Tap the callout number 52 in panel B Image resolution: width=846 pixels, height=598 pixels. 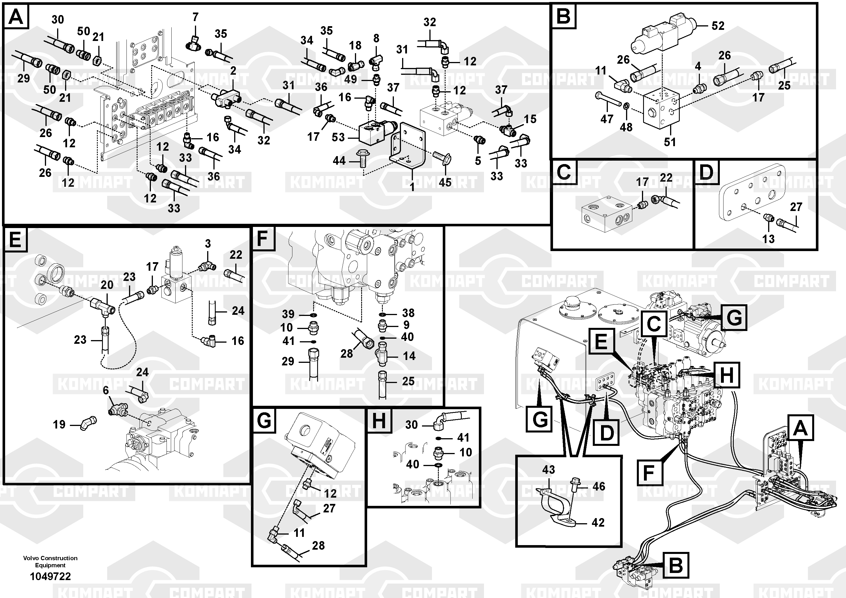click(718, 26)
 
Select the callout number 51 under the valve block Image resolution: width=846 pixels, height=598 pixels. click(670, 142)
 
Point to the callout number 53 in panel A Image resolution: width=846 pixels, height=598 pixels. click(338, 138)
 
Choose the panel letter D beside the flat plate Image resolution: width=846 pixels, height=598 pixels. click(706, 172)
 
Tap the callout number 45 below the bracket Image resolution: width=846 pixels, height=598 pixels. click(445, 182)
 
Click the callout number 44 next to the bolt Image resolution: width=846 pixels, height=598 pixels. click(339, 161)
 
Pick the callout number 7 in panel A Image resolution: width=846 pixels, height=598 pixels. click(195, 17)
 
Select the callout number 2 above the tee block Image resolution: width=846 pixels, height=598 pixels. click(233, 71)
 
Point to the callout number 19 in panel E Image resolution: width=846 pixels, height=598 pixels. click(59, 424)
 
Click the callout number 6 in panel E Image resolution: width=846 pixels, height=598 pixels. click(106, 390)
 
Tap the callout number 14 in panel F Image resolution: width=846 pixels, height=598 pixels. click(409, 356)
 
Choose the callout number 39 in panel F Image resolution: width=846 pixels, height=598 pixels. click(288, 314)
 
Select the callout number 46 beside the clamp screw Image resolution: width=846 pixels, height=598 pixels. click(599, 486)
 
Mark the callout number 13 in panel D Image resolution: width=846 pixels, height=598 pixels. click(768, 239)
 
